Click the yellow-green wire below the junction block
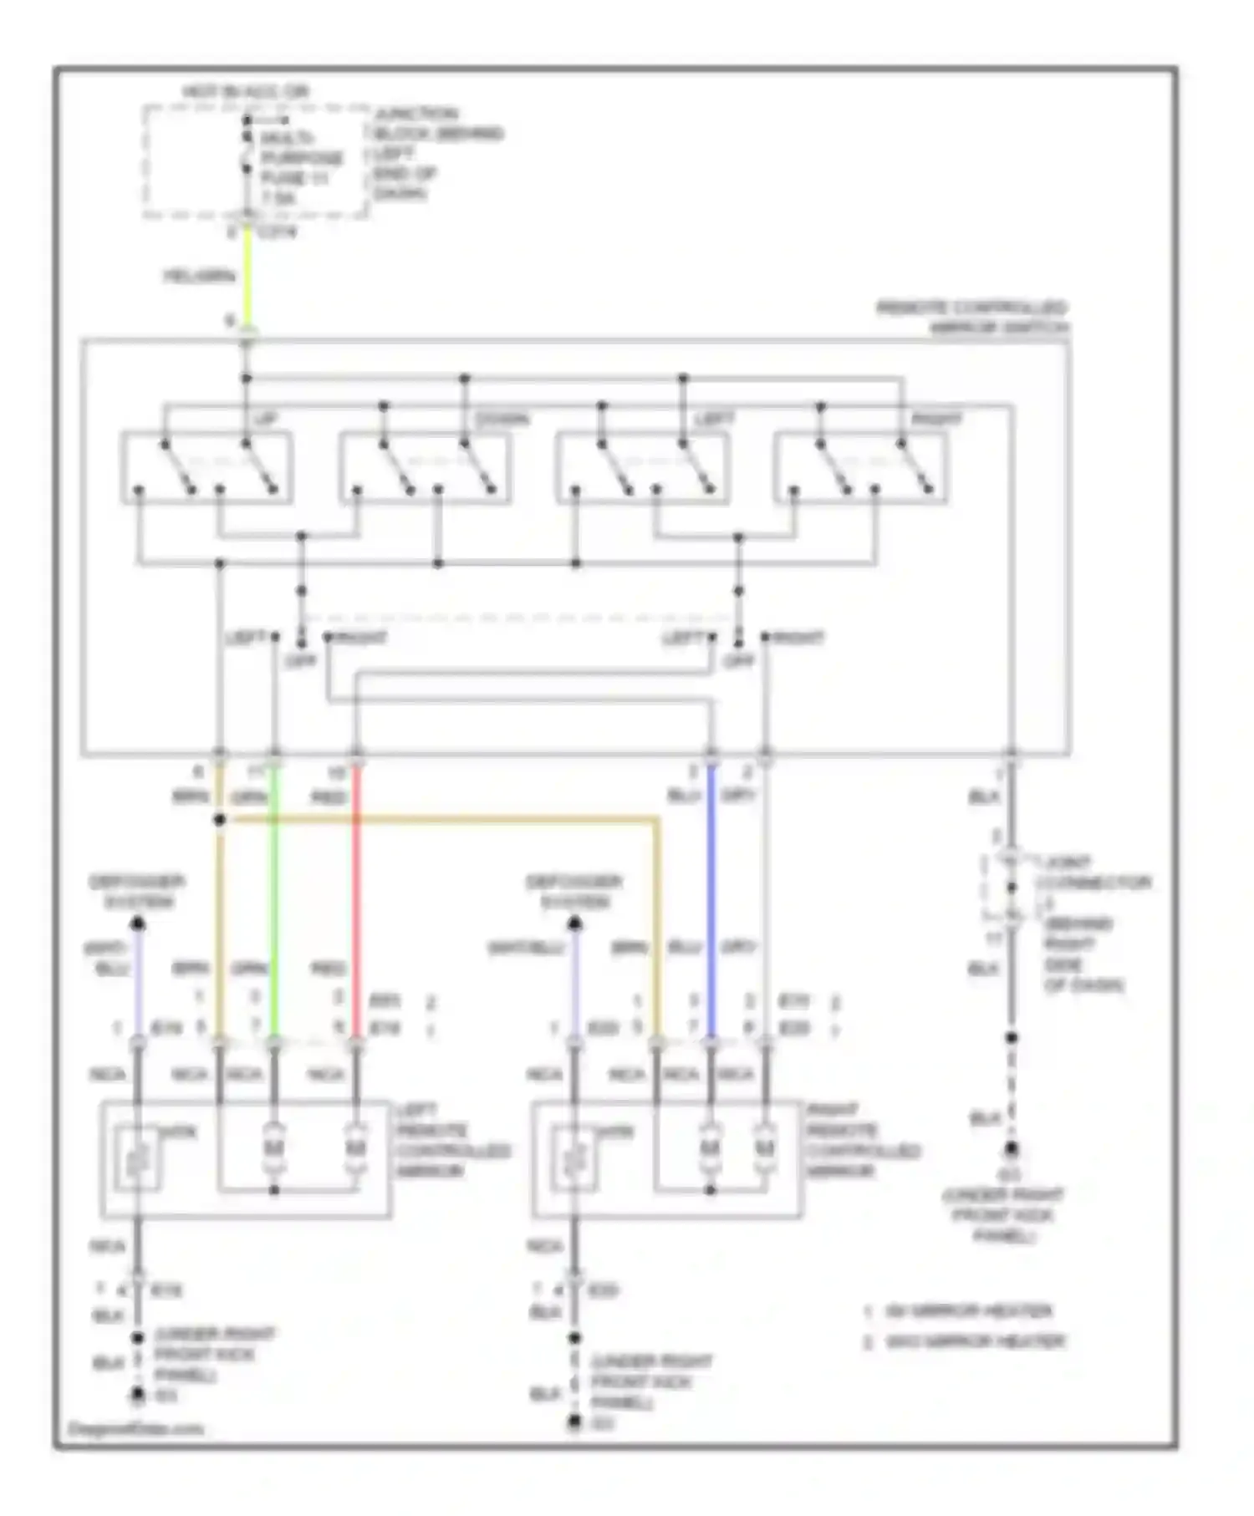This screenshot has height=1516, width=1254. tap(247, 276)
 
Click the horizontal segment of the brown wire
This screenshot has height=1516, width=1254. tap(435, 822)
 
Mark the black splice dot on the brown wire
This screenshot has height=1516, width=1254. tap(220, 821)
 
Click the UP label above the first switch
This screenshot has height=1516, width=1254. tap(265, 419)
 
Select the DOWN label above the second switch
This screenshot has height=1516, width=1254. tap(502, 419)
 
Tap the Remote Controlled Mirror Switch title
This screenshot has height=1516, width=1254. tap(972, 318)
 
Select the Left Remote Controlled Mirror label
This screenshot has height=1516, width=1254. tap(452, 1141)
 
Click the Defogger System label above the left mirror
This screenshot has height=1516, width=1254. tap(137, 892)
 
